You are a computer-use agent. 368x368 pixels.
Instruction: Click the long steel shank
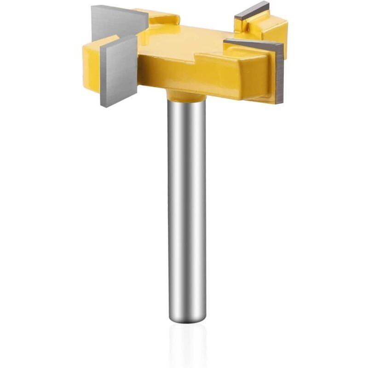186,207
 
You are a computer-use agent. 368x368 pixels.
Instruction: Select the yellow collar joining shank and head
186,96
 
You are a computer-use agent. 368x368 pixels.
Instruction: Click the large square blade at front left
119,69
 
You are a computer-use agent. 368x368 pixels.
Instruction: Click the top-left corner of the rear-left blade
92,6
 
